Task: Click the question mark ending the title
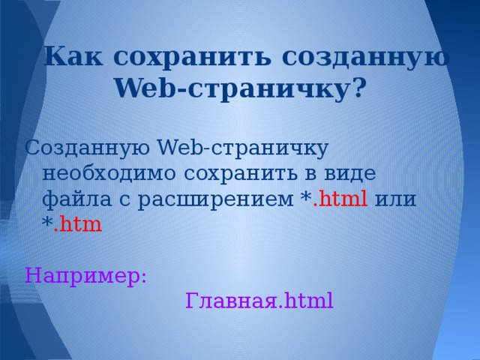pos(359,90)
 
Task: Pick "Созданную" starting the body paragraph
pos(89,147)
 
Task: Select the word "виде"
pos(351,173)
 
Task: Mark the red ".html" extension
pos(339,199)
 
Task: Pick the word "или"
pos(398,199)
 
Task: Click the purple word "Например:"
pos(85,276)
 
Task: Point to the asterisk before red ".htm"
pos(48,223)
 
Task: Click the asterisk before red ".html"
pos(305,198)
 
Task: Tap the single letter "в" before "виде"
pos(315,174)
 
